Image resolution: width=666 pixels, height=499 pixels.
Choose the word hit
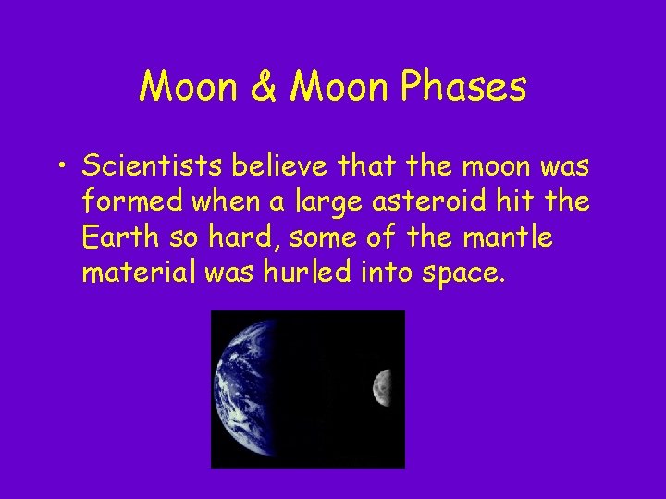coord(526,201)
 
